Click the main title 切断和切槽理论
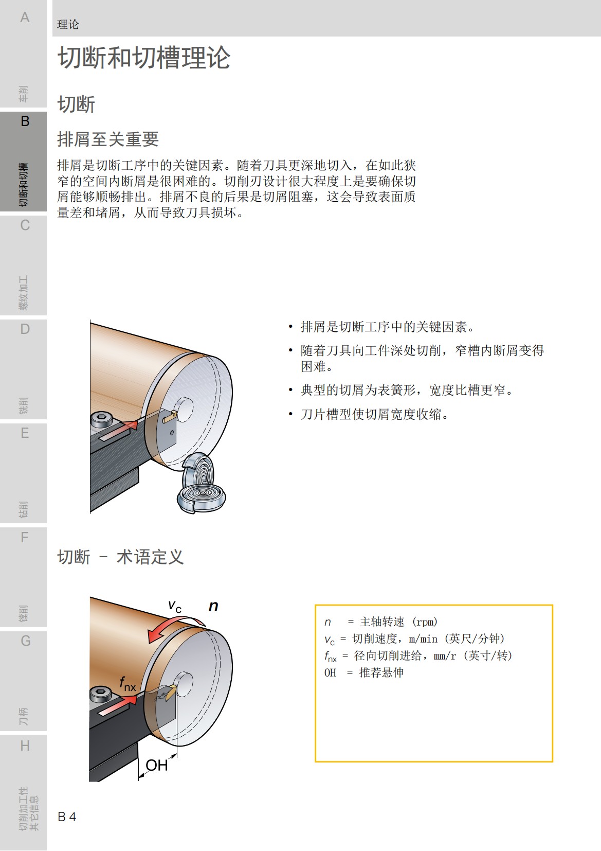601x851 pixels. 143,58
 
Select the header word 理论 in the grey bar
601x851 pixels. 68,24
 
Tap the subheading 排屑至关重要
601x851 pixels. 108,139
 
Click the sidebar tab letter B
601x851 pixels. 25,121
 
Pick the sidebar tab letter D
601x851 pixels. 25,329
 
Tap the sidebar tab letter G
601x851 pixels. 25,641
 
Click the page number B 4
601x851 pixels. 67,817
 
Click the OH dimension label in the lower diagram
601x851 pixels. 156,766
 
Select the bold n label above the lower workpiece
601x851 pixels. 213,606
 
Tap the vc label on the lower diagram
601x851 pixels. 175,606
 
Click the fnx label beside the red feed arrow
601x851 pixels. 128,684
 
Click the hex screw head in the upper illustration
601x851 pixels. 101,419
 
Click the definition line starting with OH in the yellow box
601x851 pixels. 363,672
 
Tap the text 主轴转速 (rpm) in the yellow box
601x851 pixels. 398,622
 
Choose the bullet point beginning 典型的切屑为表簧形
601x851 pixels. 406,390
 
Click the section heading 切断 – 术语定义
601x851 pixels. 120,557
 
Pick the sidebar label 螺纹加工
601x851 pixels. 24,293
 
